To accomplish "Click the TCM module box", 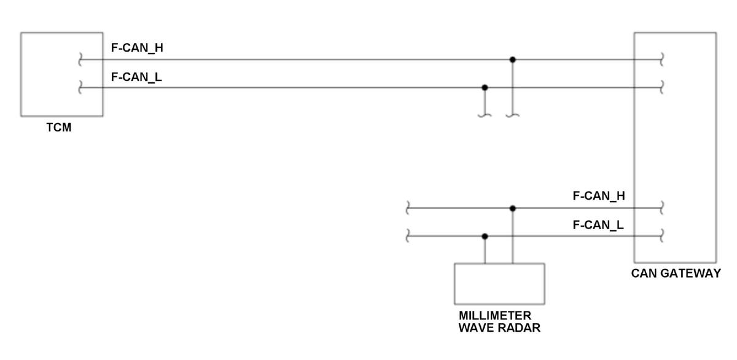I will (61, 74).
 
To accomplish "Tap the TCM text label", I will (59, 128).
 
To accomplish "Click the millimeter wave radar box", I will (499, 284).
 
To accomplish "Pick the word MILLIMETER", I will (495, 316).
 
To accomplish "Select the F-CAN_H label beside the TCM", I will (137, 48).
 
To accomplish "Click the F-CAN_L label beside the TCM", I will (136, 77).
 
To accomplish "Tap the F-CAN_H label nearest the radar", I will (599, 197).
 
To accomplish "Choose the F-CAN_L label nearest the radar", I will (598, 225).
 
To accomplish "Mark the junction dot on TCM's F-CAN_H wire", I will (513, 60).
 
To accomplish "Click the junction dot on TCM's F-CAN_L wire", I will (485, 88).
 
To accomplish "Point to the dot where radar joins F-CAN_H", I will (513, 208).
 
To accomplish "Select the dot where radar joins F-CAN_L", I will (485, 237).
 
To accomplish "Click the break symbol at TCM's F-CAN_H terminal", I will (80, 60).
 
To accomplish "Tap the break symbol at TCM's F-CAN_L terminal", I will (80, 88).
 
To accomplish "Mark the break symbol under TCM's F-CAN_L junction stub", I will (485, 114).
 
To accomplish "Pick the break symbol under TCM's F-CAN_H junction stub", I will (513, 114).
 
